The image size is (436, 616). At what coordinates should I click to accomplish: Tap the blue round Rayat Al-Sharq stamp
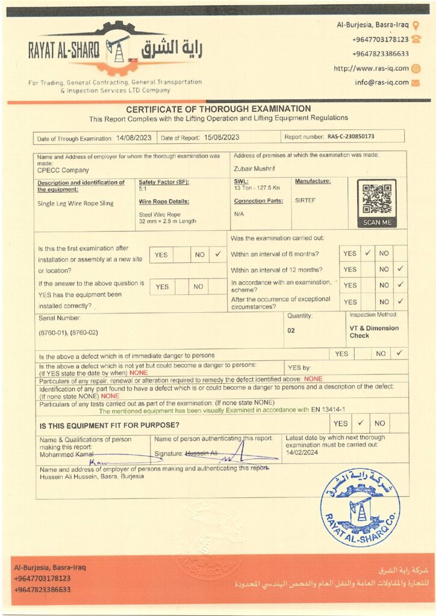point(360,507)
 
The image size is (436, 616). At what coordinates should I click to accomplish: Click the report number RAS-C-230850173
point(351,137)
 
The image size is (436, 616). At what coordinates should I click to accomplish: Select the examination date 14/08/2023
point(134,138)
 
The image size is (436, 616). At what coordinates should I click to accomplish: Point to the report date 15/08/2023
point(222,137)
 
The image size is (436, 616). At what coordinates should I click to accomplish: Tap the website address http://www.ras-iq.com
point(371,69)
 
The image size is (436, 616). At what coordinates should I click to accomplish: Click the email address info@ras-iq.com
point(382,82)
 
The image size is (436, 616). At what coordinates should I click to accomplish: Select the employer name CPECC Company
point(63,170)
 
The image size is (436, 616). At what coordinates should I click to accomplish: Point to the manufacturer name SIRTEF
point(305,200)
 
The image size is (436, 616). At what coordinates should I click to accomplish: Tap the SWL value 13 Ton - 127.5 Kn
point(255,188)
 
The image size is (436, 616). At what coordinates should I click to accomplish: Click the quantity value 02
point(291,330)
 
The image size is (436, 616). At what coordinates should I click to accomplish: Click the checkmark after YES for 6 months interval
point(367,253)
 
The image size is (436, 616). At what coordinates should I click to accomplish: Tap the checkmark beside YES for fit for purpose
point(360,423)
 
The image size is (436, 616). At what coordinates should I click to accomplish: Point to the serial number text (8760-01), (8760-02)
point(67,332)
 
